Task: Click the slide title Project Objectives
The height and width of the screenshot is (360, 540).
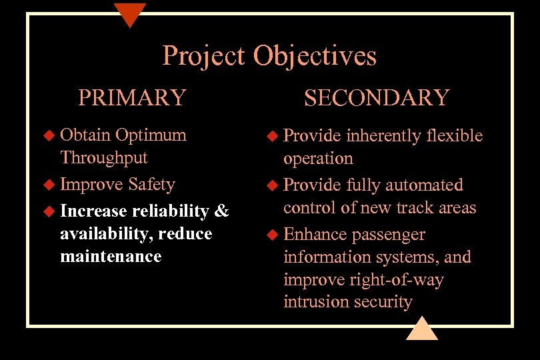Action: click(269, 55)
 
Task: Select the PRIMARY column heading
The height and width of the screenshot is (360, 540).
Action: click(132, 97)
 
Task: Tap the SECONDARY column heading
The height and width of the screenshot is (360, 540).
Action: click(377, 97)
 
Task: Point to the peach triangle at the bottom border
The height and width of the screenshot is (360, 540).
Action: click(421, 329)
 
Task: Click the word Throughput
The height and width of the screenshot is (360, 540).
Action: click(104, 158)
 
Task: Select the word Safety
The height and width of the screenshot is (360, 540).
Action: click(151, 184)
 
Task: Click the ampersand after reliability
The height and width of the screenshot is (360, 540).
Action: click(221, 211)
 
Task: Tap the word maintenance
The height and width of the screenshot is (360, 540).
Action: click(111, 256)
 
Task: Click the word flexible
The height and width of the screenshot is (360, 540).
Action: click(454, 136)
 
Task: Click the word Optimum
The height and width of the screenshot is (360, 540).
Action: click(151, 135)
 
